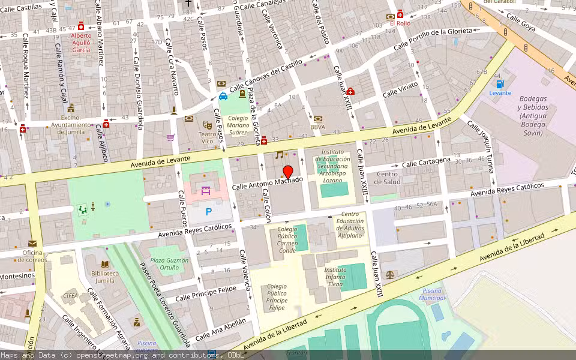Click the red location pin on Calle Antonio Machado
click(x=288, y=172)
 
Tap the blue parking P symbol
click(x=209, y=211)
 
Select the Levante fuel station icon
click(x=500, y=85)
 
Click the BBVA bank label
click(x=318, y=127)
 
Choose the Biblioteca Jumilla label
click(x=105, y=277)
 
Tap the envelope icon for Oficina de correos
click(x=31, y=244)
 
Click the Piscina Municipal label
click(x=432, y=294)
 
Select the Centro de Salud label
click(x=388, y=178)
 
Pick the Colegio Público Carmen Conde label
click(x=287, y=239)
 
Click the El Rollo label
click(x=400, y=23)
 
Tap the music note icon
click(x=279, y=155)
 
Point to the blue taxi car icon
click(x=223, y=96)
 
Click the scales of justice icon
click(x=391, y=274)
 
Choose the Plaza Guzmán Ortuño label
click(x=169, y=264)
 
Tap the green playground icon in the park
click(x=82, y=209)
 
